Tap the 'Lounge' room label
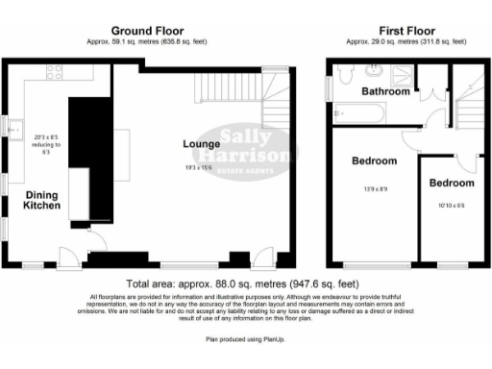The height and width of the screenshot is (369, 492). coord(202,145)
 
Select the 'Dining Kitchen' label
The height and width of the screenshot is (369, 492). coord(42,200)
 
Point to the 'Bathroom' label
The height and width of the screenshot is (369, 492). coord(386,91)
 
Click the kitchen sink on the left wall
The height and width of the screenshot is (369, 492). coord(16,123)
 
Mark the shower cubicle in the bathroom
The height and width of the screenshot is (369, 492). coord(403,74)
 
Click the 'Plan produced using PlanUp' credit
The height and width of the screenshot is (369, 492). coord(245,338)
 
